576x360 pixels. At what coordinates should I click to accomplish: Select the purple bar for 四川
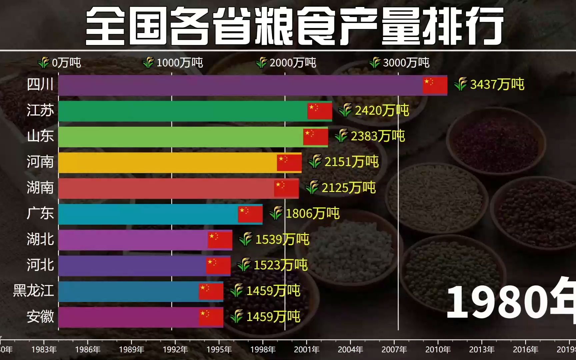(x=240, y=85)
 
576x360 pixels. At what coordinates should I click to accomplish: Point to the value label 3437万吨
(x=497, y=85)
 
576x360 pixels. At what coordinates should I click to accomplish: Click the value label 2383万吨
(x=377, y=136)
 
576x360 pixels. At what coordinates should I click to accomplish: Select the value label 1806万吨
(x=312, y=214)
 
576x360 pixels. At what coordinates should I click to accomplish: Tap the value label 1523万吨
(x=280, y=265)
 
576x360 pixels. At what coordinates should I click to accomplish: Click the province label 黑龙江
(x=33, y=291)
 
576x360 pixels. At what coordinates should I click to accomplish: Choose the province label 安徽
(x=40, y=317)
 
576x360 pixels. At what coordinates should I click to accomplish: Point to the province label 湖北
(x=40, y=239)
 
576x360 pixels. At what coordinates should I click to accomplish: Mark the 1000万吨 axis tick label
(x=179, y=63)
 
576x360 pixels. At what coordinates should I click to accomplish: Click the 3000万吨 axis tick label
(x=406, y=63)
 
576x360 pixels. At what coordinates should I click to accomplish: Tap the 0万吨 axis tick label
(x=66, y=63)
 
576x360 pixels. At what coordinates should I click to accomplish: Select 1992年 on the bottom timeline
(x=175, y=349)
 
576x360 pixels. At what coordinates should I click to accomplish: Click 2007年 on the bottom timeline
(x=394, y=349)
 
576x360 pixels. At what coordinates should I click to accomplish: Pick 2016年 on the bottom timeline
(x=525, y=349)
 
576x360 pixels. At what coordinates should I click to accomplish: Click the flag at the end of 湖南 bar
(x=286, y=188)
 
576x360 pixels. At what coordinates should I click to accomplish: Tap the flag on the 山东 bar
(x=315, y=137)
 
